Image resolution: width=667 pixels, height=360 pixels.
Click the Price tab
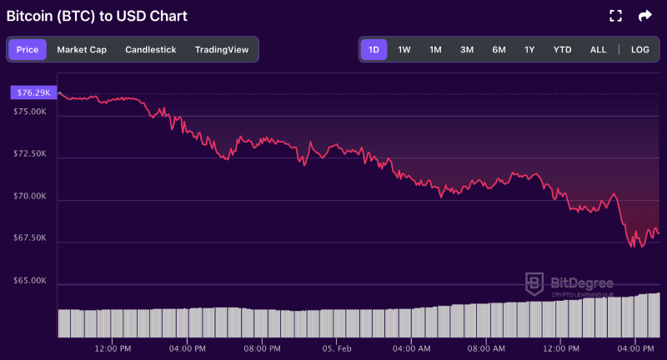[x=28, y=50]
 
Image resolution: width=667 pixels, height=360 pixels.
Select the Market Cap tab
[x=82, y=50]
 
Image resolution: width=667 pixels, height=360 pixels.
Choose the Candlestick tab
[x=151, y=50]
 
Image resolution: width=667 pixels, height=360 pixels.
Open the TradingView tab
[x=222, y=50]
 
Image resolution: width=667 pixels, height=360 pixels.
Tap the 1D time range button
[x=374, y=50]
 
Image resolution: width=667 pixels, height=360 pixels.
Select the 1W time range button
[x=404, y=50]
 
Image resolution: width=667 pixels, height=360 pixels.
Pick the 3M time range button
[x=467, y=50]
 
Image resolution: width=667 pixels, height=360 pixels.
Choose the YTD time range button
[x=563, y=50]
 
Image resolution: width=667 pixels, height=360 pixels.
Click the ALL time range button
[x=598, y=50]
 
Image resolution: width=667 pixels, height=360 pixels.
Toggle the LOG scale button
[x=640, y=50]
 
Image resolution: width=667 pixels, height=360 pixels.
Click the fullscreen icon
[x=616, y=16]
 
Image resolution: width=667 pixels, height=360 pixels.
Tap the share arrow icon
[x=644, y=16]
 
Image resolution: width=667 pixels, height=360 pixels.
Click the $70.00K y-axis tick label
[x=30, y=196]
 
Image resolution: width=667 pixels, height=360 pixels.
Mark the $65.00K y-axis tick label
[x=30, y=281]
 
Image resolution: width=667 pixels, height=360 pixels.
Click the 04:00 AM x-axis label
[x=412, y=347]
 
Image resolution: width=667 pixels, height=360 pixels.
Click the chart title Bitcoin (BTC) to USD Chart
[x=97, y=16]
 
